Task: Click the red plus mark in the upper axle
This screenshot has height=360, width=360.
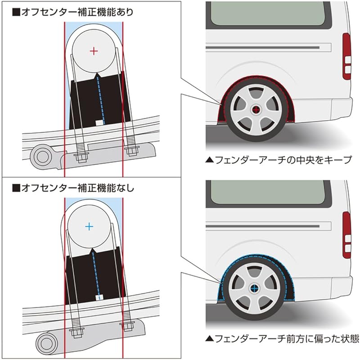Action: pos(94,51)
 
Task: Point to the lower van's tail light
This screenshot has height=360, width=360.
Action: pos(346,234)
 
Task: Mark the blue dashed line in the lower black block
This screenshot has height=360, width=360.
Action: pos(95,274)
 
